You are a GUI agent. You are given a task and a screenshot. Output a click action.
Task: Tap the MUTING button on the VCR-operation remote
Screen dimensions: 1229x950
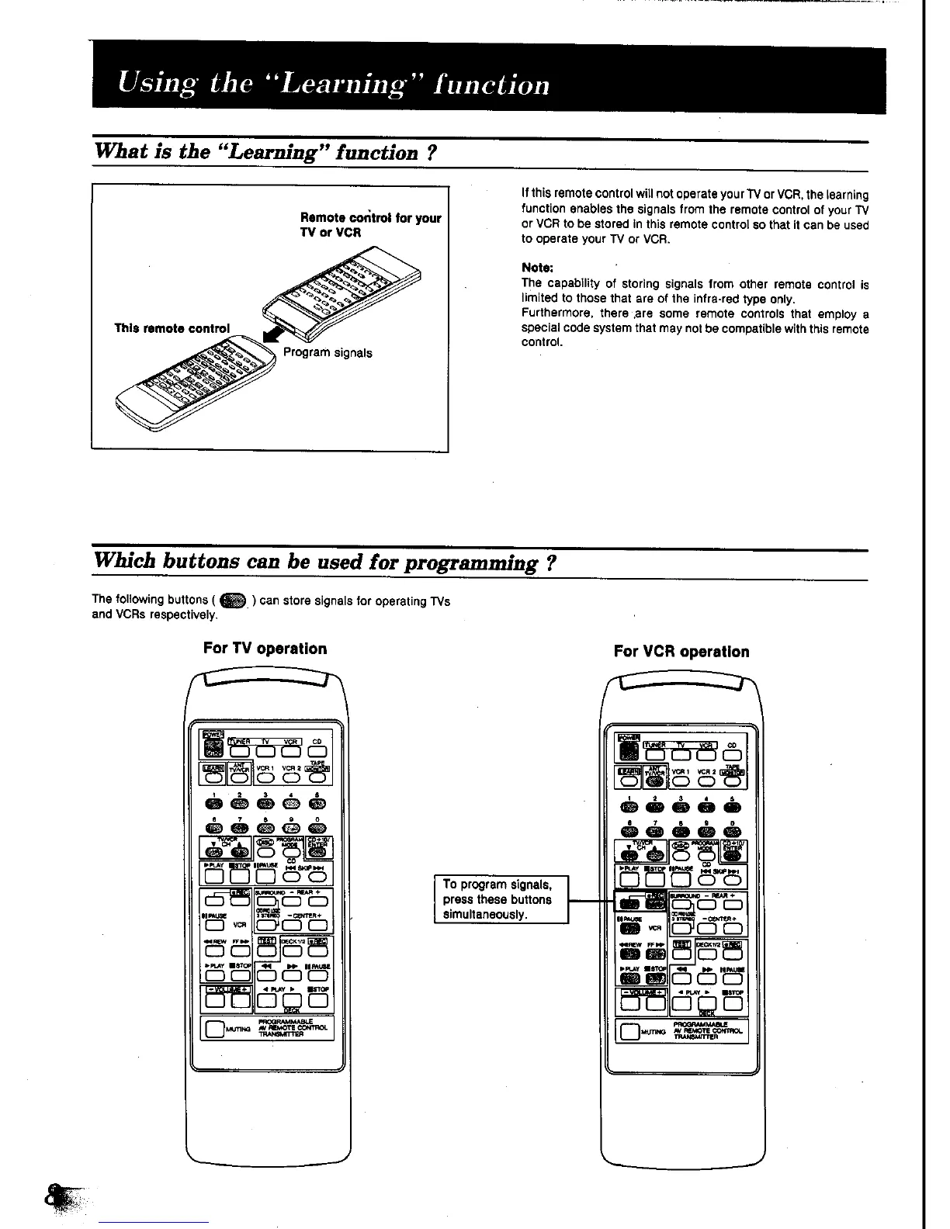(629, 1032)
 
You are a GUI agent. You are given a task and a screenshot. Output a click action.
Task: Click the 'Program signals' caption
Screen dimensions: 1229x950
(327, 353)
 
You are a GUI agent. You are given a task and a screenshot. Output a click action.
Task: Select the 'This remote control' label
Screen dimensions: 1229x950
(172, 328)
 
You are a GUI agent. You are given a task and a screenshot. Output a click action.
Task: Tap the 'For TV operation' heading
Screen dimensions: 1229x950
(265, 649)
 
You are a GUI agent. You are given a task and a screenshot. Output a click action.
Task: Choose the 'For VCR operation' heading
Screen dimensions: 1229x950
(681, 652)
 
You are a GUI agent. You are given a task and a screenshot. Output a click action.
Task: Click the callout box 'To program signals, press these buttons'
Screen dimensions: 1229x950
(501, 899)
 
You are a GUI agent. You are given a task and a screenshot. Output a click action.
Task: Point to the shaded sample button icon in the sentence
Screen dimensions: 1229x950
(232, 600)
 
